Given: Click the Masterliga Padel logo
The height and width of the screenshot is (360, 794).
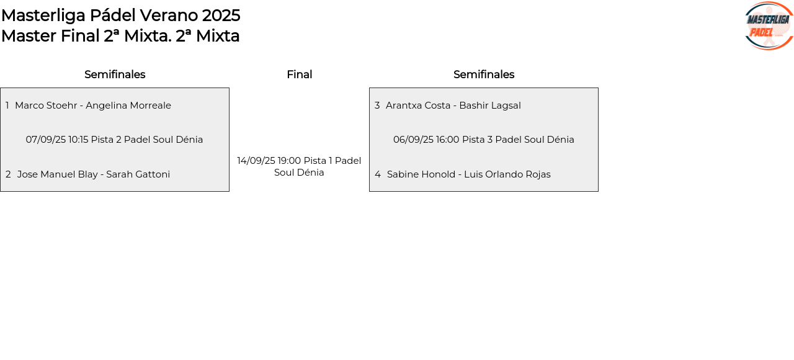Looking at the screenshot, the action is tap(769, 25).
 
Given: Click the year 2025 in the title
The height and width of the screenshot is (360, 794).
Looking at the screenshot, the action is tap(221, 16).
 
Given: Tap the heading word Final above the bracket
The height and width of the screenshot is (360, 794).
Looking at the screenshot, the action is tap(299, 74).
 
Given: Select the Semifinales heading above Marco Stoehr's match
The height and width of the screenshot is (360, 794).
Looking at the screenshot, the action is tap(115, 74).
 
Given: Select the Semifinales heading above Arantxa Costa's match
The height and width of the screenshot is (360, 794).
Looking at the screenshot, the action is tap(484, 74).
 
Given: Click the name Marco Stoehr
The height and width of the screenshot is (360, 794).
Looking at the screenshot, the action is tap(46, 106).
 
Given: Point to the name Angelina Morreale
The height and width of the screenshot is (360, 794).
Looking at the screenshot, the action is tap(128, 106).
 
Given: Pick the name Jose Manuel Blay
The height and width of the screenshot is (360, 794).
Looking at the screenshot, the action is tap(58, 174).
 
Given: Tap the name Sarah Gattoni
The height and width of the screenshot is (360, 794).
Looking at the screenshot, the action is tap(138, 174).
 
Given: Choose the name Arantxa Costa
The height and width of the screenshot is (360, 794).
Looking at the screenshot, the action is tap(418, 106).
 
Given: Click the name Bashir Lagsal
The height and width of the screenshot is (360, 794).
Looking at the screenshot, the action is tap(490, 106).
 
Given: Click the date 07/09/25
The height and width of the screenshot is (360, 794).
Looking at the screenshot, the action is tap(46, 140).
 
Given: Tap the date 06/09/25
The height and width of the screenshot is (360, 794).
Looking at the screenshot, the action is tap(413, 140).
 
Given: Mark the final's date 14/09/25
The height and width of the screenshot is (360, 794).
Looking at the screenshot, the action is tap(256, 161).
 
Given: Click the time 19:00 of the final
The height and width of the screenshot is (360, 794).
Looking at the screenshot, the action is tap(289, 161).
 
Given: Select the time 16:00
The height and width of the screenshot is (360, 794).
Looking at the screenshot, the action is tap(448, 140).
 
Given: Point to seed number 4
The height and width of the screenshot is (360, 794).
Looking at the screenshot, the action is tap(378, 174).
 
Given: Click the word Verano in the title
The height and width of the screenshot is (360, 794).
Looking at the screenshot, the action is tap(169, 16).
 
